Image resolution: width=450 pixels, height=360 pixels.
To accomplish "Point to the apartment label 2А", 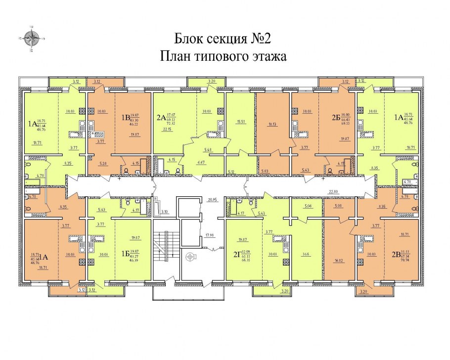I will tap(161, 118).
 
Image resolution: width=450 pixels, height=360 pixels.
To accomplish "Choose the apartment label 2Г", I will tap(232, 255).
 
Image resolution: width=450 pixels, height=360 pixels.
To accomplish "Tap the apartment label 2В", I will tap(396, 256).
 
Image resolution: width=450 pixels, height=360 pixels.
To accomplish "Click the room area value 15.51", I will tap(242, 122).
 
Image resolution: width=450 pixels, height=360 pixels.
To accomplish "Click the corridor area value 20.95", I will tap(213, 199).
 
